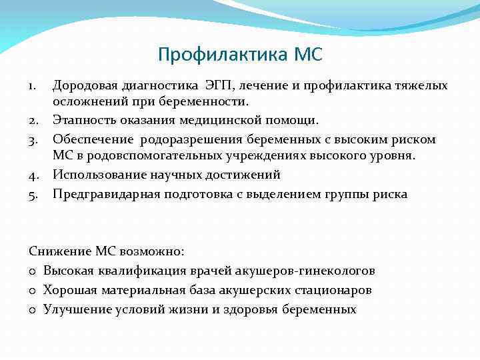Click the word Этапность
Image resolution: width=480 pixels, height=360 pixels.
click(x=85, y=121)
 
